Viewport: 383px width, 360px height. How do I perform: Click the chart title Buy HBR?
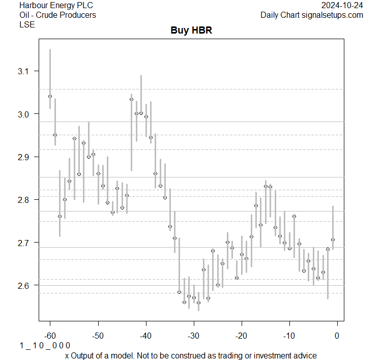click(191, 31)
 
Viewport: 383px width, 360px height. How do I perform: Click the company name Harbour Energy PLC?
click(56, 6)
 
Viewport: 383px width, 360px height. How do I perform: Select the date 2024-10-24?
click(342, 6)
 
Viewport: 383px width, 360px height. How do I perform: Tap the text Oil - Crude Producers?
click(57, 15)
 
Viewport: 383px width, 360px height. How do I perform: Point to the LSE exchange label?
click(27, 24)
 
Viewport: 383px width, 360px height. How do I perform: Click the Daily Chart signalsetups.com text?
click(312, 15)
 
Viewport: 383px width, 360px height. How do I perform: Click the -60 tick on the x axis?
click(50, 336)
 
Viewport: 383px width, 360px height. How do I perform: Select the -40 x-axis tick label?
click(145, 336)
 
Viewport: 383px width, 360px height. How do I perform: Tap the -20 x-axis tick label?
click(241, 336)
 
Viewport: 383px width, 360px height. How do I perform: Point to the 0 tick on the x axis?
click(337, 336)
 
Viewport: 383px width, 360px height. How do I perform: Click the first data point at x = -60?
click(50, 96)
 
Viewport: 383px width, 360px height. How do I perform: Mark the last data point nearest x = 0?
click(333, 239)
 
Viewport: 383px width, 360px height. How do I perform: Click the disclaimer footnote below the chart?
click(191, 355)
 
